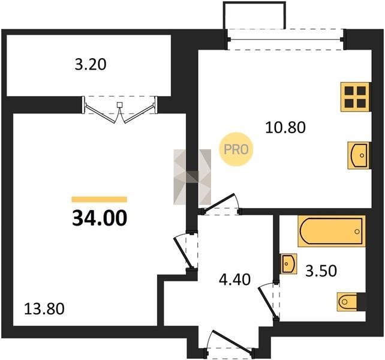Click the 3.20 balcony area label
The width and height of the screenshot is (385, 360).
(91, 65)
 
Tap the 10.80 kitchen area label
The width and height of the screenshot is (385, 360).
(285, 128)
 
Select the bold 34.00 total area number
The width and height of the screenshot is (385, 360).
(100, 218)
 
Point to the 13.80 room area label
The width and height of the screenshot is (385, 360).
(44, 309)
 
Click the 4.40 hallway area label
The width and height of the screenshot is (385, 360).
(234, 280)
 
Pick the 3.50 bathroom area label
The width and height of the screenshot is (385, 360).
(321, 271)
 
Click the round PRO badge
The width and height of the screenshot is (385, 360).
(236, 149)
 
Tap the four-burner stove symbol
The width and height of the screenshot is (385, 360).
(355, 97)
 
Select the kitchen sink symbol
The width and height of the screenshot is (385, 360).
(359, 155)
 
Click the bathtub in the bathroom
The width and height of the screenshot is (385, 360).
(332, 231)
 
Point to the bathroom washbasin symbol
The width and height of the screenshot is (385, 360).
(288, 264)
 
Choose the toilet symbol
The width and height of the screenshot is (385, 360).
(351, 302)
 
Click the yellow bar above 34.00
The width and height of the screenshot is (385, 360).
(100, 199)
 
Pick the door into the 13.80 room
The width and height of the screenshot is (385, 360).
(185, 250)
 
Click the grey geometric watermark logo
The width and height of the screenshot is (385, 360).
(192, 177)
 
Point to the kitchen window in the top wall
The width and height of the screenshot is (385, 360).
(285, 40)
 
